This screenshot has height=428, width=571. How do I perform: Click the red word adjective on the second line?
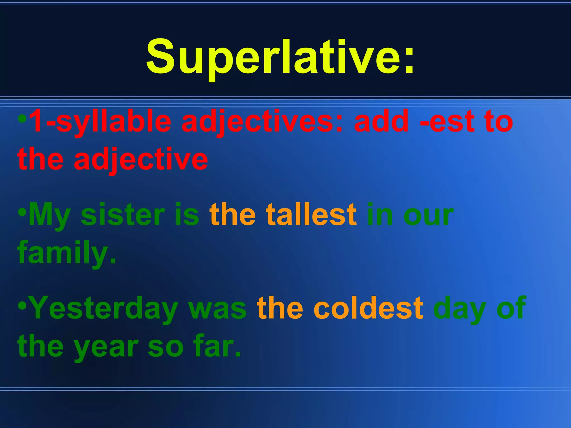click(141, 160)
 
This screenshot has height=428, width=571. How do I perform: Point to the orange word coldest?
click(368, 308)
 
